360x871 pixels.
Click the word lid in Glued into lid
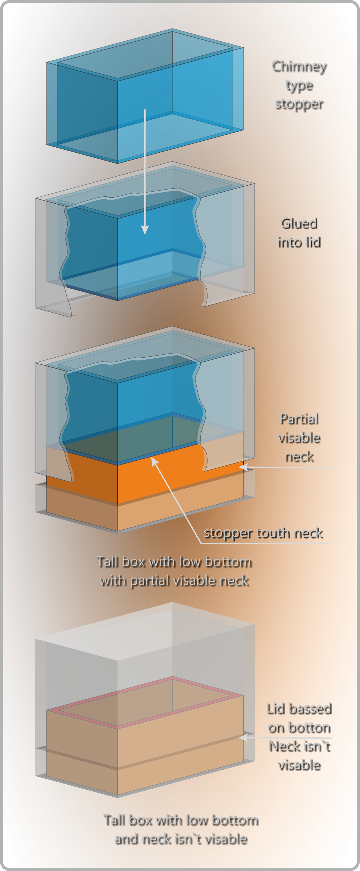pyautogui.click(x=313, y=242)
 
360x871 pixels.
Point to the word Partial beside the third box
pyautogui.click(x=300, y=419)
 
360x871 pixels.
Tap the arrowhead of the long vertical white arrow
pyautogui.click(x=145, y=230)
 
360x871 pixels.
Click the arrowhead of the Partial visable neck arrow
pyautogui.click(x=243, y=467)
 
